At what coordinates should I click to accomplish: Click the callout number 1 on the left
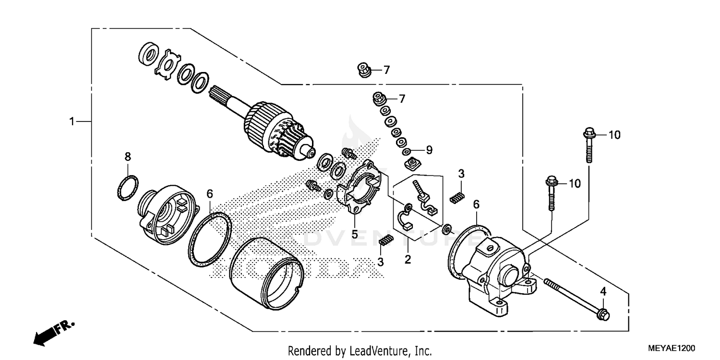72,122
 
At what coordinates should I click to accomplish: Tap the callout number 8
128,156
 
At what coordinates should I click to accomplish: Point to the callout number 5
354,235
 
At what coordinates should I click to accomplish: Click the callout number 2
408,259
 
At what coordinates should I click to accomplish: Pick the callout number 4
603,291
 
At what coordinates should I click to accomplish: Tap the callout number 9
429,150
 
